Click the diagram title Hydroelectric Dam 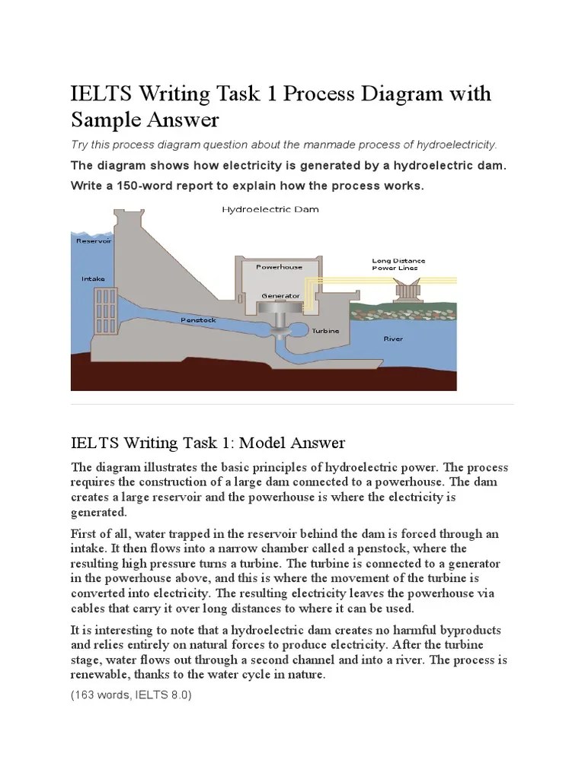pyautogui.click(x=270, y=208)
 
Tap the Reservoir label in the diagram pyautogui.click(x=94, y=240)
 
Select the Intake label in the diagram pyautogui.click(x=93, y=279)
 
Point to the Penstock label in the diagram pyautogui.click(x=198, y=320)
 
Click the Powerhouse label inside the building pyautogui.click(x=279, y=267)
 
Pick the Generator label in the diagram pyautogui.click(x=280, y=295)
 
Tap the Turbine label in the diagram pyautogui.click(x=325, y=331)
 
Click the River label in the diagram pyautogui.click(x=393, y=339)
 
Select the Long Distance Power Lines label pyautogui.click(x=398, y=264)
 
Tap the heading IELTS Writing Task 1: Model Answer pyautogui.click(x=208, y=443)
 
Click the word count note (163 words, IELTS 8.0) pyautogui.click(x=131, y=695)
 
